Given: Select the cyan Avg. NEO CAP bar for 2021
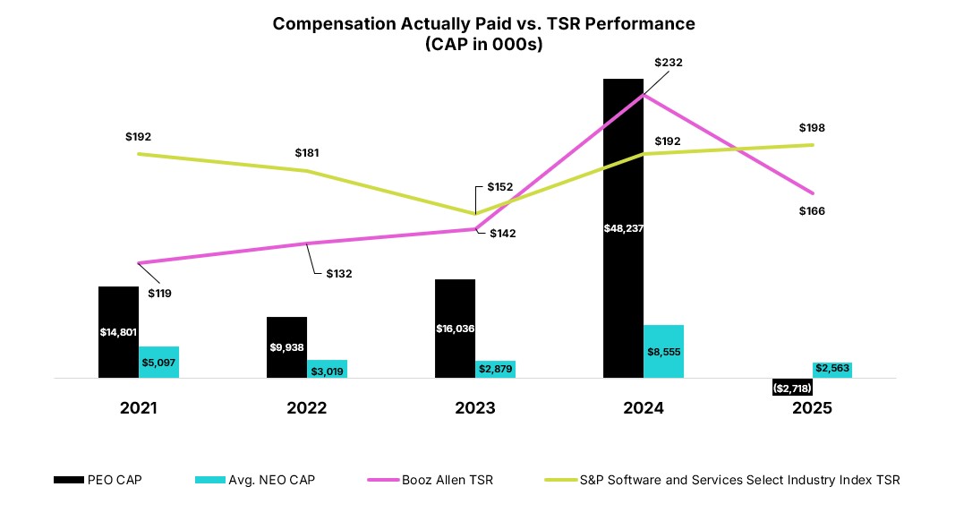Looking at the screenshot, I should pyautogui.click(x=158, y=362).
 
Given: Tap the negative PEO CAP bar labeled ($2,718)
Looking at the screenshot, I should pyautogui.click(x=792, y=387).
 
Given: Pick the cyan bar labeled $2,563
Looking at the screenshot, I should pyautogui.click(x=832, y=369).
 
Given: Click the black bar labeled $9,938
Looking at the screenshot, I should pyautogui.click(x=286, y=347).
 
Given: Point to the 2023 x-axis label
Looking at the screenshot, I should pyautogui.click(x=475, y=408).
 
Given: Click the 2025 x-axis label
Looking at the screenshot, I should pyautogui.click(x=812, y=408).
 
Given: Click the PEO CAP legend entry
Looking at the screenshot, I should pyautogui.click(x=98, y=481).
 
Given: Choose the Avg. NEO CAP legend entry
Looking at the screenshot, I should pyautogui.click(x=255, y=481).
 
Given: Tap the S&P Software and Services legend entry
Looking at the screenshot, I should pyautogui.click(x=723, y=481).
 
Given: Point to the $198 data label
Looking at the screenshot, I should pyautogui.click(x=811, y=128).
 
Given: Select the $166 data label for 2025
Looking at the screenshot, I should pyautogui.click(x=811, y=211).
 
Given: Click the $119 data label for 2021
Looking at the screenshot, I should pyautogui.click(x=160, y=293).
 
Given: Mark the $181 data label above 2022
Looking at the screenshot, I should pyautogui.click(x=307, y=153).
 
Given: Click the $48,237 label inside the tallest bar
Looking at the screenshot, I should pyautogui.click(x=623, y=228).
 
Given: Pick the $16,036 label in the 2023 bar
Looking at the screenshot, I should pyautogui.click(x=456, y=329).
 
